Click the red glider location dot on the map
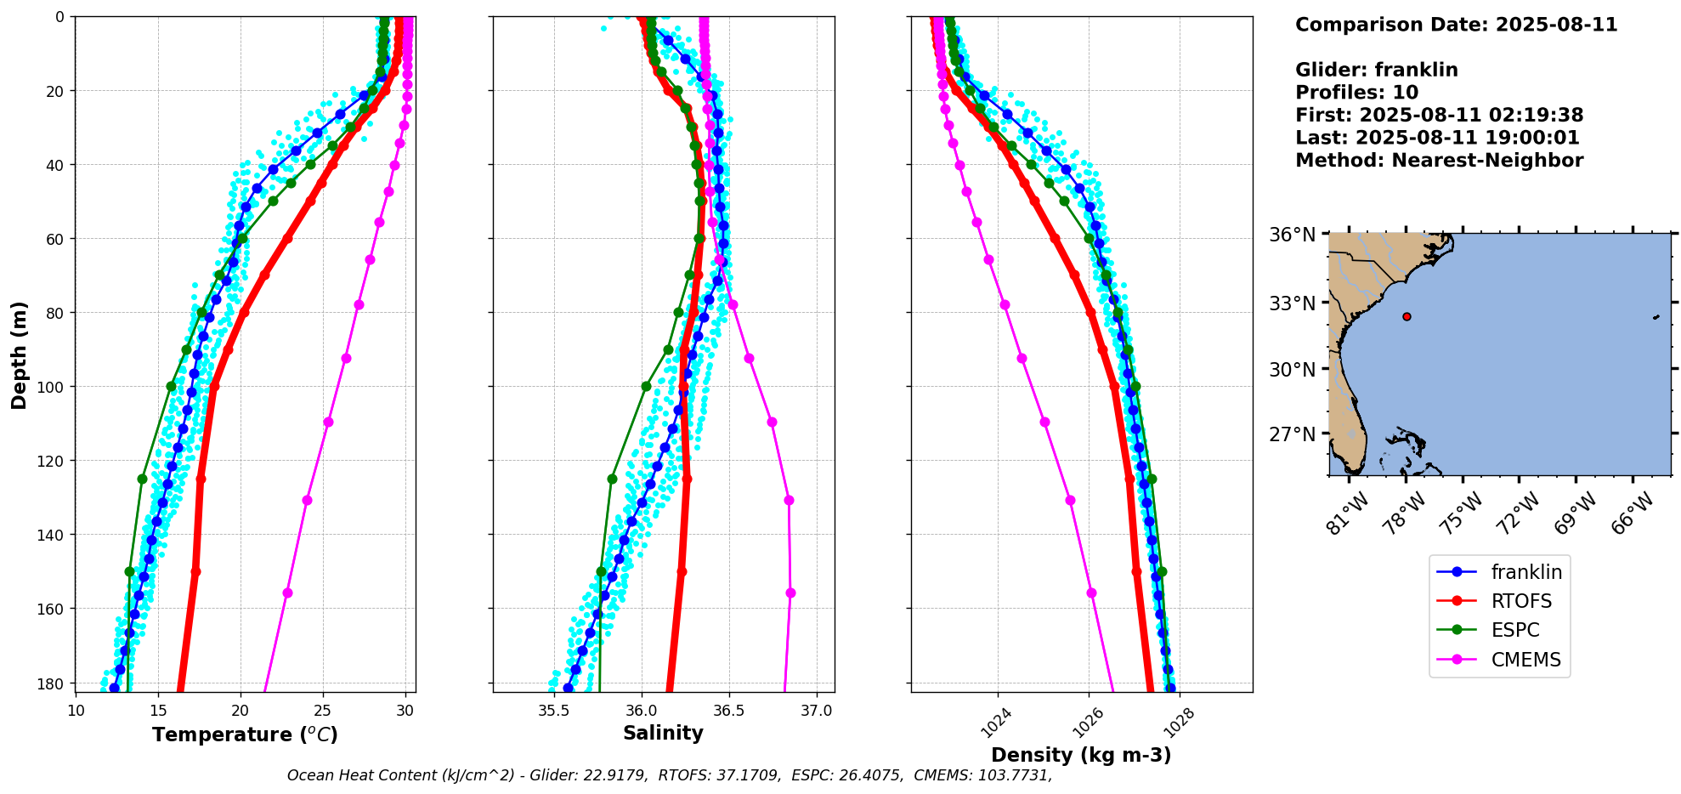(1406, 316)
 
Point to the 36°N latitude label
(1292, 235)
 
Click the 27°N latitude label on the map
(1292, 434)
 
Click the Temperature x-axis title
(245, 734)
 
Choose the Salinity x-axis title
(663, 734)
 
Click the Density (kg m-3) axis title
(1081, 755)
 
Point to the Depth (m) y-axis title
(19, 354)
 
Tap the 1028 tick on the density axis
(1177, 723)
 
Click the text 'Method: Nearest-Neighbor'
(1439, 161)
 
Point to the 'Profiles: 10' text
(1356, 93)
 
